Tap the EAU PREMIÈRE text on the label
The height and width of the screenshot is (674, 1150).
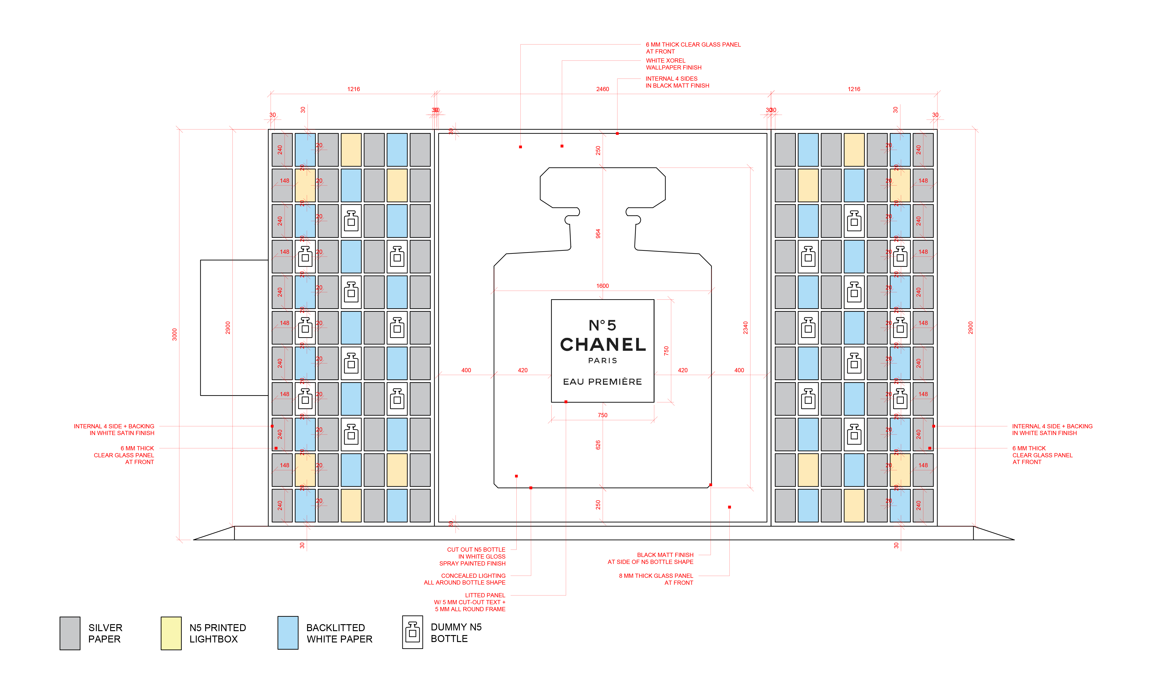tap(602, 382)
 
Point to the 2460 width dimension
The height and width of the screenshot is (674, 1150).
tap(602, 89)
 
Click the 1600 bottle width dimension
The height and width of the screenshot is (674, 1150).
tap(602, 286)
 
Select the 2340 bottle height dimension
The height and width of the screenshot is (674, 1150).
tap(745, 328)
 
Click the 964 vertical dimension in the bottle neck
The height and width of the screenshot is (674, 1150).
tap(598, 234)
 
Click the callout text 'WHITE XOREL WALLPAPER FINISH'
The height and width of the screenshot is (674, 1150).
tap(673, 64)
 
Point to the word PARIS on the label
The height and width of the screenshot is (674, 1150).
tap(602, 360)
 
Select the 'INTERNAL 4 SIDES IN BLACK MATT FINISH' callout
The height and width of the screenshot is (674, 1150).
tap(677, 82)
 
